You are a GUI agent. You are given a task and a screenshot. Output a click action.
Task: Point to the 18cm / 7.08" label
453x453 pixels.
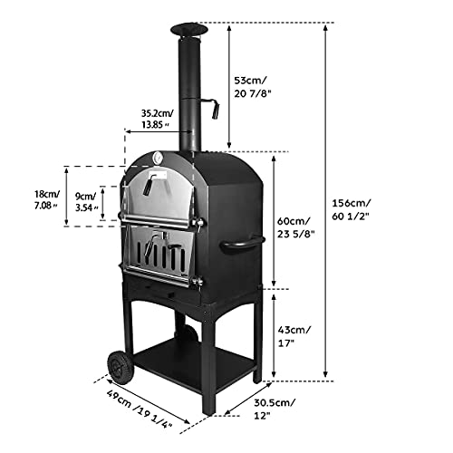coord(43,199)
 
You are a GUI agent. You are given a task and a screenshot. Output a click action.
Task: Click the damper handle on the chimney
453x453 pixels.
coord(215,111)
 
